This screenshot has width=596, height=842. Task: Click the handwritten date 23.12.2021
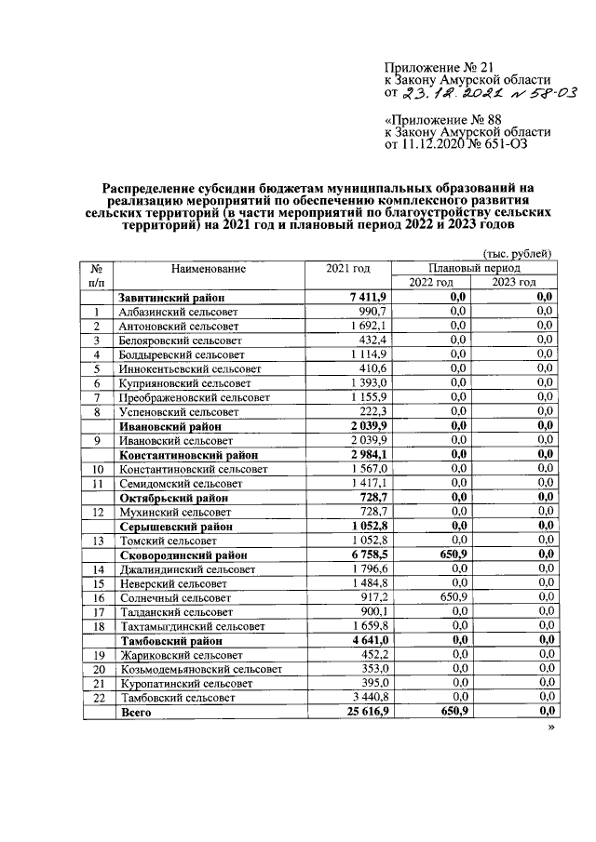point(444,93)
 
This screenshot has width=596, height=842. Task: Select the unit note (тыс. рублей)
point(517,253)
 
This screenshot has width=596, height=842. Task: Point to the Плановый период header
point(476,268)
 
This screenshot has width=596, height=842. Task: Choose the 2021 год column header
point(347,269)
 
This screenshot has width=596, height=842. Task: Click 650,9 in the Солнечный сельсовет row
point(449,597)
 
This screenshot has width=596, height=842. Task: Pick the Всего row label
point(135,713)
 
